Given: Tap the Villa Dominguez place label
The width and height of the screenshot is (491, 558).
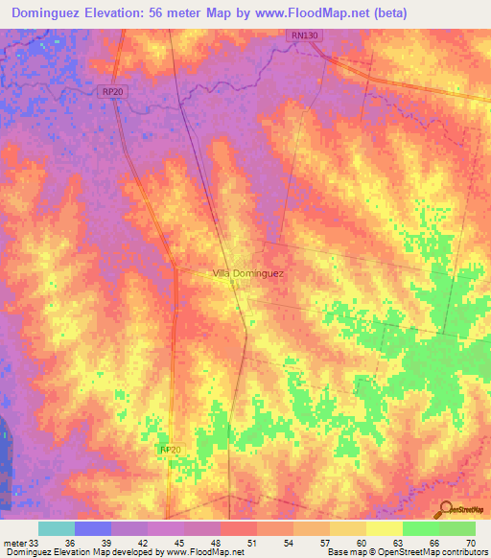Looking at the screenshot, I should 247,273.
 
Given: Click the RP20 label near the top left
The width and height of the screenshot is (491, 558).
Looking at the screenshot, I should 112,91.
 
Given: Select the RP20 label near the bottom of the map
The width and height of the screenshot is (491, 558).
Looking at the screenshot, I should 170,450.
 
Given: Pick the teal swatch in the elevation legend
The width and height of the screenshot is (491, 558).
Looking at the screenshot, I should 56,528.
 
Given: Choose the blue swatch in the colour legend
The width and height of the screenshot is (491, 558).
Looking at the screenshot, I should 92,528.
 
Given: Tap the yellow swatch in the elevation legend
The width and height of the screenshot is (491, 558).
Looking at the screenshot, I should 384,528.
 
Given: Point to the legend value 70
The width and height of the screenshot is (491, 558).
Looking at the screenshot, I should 470,543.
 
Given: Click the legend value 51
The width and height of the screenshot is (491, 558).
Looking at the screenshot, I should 252,543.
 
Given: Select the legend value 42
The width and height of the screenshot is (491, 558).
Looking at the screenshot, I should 143,543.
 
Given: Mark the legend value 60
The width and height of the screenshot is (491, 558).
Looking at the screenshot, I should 362,543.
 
